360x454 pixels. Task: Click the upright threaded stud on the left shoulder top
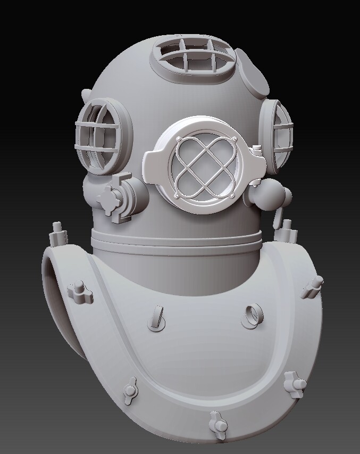pyautogui.click(x=56, y=233)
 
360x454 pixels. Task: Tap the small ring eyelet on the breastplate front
pyautogui.click(x=252, y=315)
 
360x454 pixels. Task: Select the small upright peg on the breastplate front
pyautogui.click(x=157, y=317)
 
